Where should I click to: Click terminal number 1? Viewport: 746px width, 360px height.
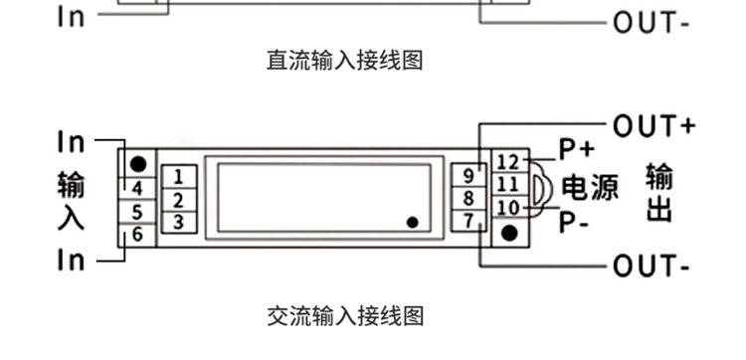tap(178, 177)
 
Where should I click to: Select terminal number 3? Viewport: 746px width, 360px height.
tap(178, 221)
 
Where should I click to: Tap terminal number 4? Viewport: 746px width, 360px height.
tap(137, 189)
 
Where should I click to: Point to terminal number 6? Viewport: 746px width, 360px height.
tap(137, 236)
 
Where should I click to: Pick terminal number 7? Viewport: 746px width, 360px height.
tap(467, 219)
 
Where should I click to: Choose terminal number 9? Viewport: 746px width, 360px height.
tap(467, 176)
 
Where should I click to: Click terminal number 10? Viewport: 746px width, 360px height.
tap(507, 208)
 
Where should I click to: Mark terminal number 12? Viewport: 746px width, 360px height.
tap(507, 162)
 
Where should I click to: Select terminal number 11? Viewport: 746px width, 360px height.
tap(507, 185)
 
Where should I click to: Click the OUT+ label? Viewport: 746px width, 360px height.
tap(653, 125)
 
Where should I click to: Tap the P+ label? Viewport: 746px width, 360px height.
tap(575, 150)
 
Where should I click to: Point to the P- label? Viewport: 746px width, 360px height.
tap(574, 220)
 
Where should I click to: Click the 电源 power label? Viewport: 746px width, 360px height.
tap(590, 186)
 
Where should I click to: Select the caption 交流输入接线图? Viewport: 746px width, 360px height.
tap(345, 316)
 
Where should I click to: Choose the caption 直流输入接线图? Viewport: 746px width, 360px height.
tap(345, 61)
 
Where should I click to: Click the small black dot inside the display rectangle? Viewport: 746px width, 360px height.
tap(412, 223)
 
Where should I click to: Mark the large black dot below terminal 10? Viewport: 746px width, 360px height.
tap(509, 234)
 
